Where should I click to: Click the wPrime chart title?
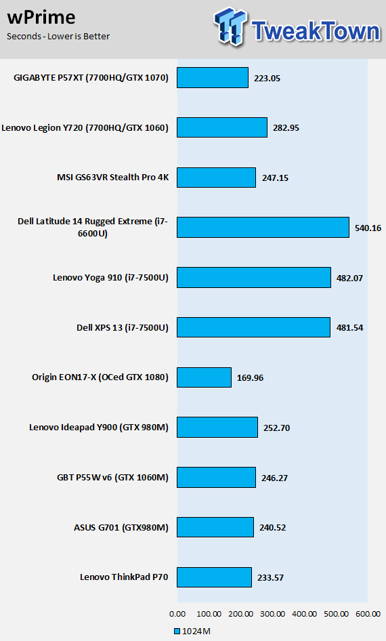pyautogui.click(x=41, y=17)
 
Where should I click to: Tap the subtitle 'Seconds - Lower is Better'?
pyautogui.click(x=58, y=37)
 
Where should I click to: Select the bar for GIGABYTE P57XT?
pyautogui.click(x=213, y=78)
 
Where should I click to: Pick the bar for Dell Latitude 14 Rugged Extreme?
pyautogui.click(x=263, y=227)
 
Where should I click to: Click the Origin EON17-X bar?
pyautogui.click(x=205, y=377)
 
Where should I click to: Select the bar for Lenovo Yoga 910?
pyautogui.click(x=254, y=278)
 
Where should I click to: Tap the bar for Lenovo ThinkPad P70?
pyautogui.click(x=214, y=577)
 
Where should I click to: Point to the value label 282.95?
pyautogui.click(x=286, y=128)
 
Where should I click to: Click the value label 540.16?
pyautogui.click(x=368, y=228)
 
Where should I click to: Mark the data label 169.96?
pyautogui.click(x=250, y=377)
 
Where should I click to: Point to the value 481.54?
pyautogui.click(x=349, y=328)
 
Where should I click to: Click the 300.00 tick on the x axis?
pyautogui.click(x=272, y=614)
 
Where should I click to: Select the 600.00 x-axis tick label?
pyautogui.click(x=368, y=614)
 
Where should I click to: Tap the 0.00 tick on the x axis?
pyautogui.click(x=177, y=614)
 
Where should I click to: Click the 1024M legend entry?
pyautogui.click(x=192, y=632)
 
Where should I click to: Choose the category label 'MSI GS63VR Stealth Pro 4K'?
pyautogui.click(x=112, y=178)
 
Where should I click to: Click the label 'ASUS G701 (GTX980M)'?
pyautogui.click(x=121, y=527)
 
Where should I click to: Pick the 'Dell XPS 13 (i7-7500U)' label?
pyautogui.click(x=123, y=327)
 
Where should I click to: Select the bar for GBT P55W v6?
pyautogui.click(x=216, y=478)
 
